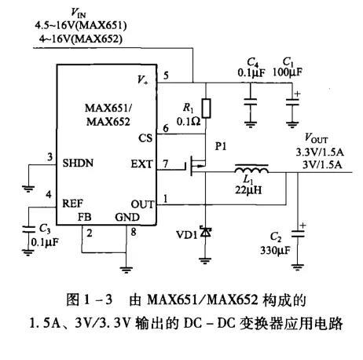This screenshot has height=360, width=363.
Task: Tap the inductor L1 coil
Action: (251, 168)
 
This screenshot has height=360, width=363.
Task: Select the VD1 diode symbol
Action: (206, 233)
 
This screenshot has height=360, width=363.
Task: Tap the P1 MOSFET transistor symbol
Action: (197, 167)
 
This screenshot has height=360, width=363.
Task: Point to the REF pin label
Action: (73, 202)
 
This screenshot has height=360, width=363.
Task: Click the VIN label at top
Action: (79, 13)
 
